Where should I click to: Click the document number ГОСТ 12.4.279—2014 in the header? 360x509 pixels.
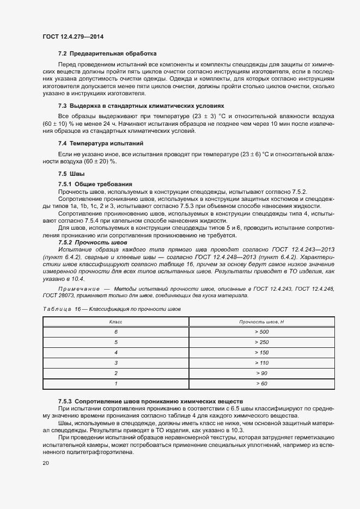pyautogui.click(x=72, y=36)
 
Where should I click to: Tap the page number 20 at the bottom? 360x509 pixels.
pyautogui.click(x=45, y=463)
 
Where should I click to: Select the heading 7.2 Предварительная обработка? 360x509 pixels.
pyautogui.click(x=107, y=54)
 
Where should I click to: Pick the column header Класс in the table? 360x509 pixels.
pyautogui.click(x=116, y=322)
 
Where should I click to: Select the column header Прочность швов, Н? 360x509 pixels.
pyautogui.click(x=261, y=322)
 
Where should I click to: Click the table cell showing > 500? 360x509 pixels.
pyautogui.click(x=261, y=332)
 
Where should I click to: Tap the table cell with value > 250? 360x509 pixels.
pyautogui.click(x=261, y=342)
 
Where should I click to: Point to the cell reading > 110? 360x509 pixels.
pyautogui.click(x=261, y=363)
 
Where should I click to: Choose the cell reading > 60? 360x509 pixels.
pyautogui.click(x=261, y=383)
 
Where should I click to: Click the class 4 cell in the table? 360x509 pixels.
pyautogui.click(x=116, y=352)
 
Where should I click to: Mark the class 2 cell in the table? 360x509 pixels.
pyautogui.click(x=116, y=373)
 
